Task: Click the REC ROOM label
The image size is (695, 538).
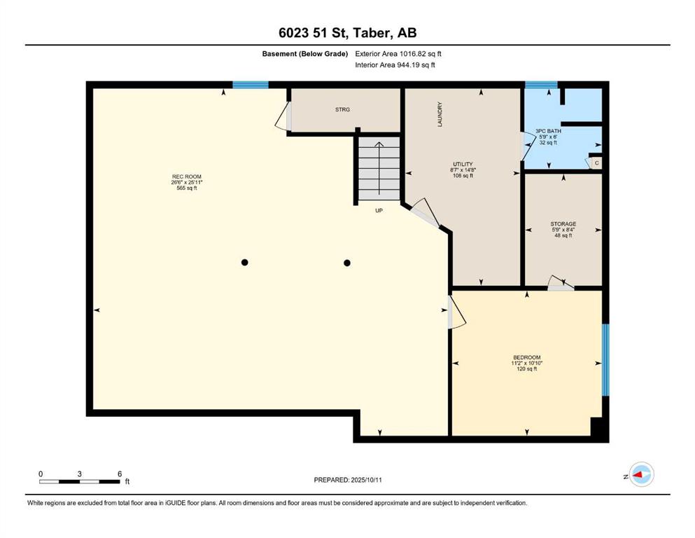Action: pyautogui.click(x=187, y=177)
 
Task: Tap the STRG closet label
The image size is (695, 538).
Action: pyautogui.click(x=342, y=109)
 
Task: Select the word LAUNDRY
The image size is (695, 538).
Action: pyautogui.click(x=440, y=114)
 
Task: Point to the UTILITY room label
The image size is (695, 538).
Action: pyautogui.click(x=463, y=164)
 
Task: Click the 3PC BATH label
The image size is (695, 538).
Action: pyautogui.click(x=548, y=131)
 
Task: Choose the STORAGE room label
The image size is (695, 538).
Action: pyautogui.click(x=563, y=224)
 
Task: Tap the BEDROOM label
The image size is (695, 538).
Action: pyautogui.click(x=527, y=357)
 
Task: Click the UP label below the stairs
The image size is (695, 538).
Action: pyautogui.click(x=379, y=211)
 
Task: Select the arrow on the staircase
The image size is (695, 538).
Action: pyautogui.click(x=379, y=168)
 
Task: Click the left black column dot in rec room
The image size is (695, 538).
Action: pyautogui.click(x=245, y=263)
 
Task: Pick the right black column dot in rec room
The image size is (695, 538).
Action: pyautogui.click(x=347, y=263)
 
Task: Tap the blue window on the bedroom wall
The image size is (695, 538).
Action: pyautogui.click(x=605, y=359)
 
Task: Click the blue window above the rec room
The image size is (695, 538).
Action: pyautogui.click(x=251, y=85)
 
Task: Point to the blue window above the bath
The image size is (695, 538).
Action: pyautogui.click(x=541, y=85)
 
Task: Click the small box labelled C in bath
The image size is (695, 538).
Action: pyautogui.click(x=596, y=163)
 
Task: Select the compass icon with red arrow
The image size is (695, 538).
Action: pyautogui.click(x=641, y=474)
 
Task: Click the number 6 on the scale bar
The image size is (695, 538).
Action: pyautogui.click(x=120, y=474)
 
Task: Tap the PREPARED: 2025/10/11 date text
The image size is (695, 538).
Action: pyautogui.click(x=347, y=480)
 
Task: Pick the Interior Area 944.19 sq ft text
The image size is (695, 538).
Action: pyautogui.click(x=395, y=65)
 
